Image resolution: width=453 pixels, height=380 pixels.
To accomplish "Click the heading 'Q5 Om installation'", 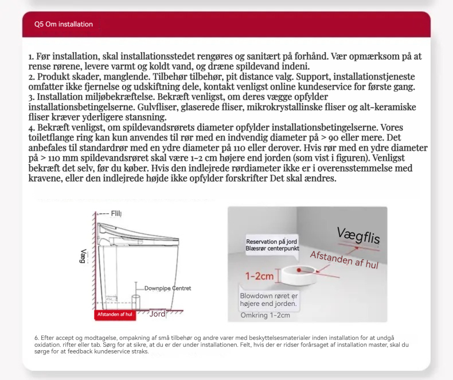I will click(x=63, y=24).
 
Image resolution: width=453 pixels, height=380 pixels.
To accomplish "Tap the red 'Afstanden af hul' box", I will click(x=115, y=315).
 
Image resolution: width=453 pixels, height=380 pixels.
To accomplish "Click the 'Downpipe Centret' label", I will click(x=167, y=288).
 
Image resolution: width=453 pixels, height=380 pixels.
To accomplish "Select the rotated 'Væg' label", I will click(x=84, y=256).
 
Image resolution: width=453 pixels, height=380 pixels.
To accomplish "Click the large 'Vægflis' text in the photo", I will click(x=358, y=235).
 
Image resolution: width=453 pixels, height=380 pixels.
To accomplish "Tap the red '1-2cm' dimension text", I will click(x=259, y=276).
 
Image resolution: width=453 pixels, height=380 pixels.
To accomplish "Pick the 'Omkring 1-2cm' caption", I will click(x=265, y=315).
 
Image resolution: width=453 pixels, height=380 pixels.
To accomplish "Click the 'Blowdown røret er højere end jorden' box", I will click(x=268, y=300).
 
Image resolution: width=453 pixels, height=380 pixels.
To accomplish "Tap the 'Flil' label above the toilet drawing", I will click(x=116, y=214).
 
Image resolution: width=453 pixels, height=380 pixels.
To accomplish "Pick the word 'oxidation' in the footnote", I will click(x=48, y=344).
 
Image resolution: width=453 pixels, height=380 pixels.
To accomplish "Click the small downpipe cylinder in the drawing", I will click(x=136, y=301).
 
